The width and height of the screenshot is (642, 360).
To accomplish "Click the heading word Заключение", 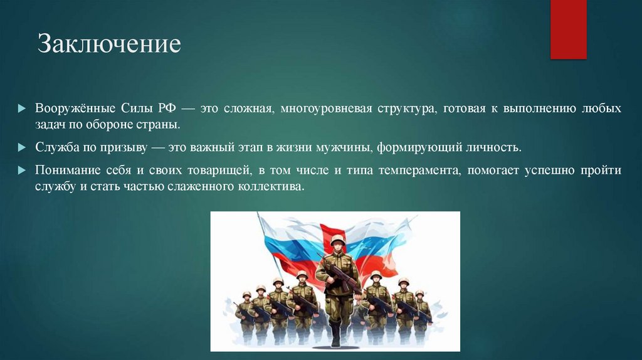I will pyautogui.click(x=109, y=45).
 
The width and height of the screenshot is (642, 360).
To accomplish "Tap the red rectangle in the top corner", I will pyautogui.click(x=568, y=29).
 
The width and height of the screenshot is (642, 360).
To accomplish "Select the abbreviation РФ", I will pyautogui.click(x=171, y=109).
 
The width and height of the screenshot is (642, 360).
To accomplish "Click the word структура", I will pyautogui.click(x=406, y=109).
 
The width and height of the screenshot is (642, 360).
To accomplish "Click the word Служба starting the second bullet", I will pyautogui.click(x=55, y=148).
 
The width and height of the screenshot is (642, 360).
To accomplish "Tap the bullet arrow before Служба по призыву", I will pyautogui.click(x=22, y=148).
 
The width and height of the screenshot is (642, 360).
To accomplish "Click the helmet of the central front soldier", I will pyautogui.click(x=338, y=240).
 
